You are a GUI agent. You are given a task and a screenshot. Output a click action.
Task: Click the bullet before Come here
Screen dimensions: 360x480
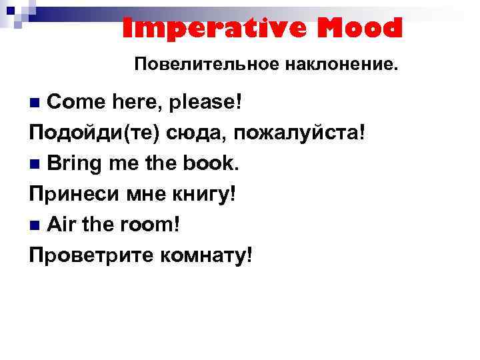(x=36, y=103)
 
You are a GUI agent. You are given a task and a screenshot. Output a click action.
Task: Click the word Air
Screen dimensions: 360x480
(x=62, y=225)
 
